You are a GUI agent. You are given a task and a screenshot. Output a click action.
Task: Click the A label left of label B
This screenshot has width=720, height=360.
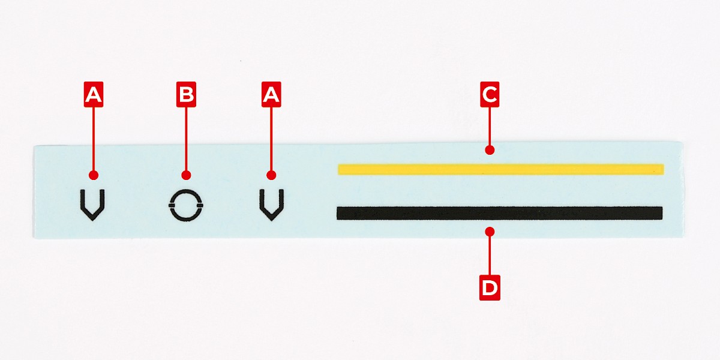pyautogui.click(x=94, y=94)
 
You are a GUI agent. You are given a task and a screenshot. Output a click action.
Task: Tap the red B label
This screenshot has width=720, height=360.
pyautogui.click(x=186, y=94)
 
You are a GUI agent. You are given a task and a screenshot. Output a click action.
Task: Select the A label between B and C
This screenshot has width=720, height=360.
pyautogui.click(x=271, y=94)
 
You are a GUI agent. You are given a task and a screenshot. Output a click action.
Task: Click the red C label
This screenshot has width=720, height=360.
pyautogui.click(x=490, y=94)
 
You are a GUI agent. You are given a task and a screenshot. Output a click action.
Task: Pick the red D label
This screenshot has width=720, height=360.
pyautogui.click(x=490, y=287)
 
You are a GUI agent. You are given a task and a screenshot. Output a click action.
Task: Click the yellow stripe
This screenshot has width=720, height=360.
pyautogui.click(x=501, y=169)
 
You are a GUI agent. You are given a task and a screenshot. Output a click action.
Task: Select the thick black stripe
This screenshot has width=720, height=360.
pyautogui.click(x=499, y=213)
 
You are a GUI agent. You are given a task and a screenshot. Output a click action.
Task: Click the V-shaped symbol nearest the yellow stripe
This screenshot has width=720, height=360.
pyautogui.click(x=272, y=205)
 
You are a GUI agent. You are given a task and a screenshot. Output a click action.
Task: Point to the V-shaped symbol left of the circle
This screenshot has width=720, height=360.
pyautogui.click(x=92, y=205)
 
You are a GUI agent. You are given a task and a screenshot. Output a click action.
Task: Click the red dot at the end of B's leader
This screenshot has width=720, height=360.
pyautogui.click(x=186, y=175)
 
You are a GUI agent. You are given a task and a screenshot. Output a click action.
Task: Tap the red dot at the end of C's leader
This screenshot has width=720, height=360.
pyautogui.click(x=490, y=150)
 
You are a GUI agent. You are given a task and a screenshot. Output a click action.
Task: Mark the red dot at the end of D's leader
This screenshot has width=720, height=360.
pyautogui.click(x=490, y=232)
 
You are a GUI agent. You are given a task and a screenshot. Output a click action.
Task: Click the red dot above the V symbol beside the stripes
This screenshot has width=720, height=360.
pyautogui.click(x=271, y=175)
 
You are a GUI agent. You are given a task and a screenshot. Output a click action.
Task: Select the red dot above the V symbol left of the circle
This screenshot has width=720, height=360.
pyautogui.click(x=94, y=175)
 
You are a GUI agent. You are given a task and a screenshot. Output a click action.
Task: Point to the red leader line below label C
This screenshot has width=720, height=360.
pyautogui.click(x=490, y=127)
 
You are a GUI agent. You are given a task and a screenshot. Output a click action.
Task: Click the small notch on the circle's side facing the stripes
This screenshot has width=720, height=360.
pyautogui.click(x=200, y=205)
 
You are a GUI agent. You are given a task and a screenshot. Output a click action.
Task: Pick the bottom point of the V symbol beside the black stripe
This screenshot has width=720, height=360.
pyautogui.click(x=272, y=221)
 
